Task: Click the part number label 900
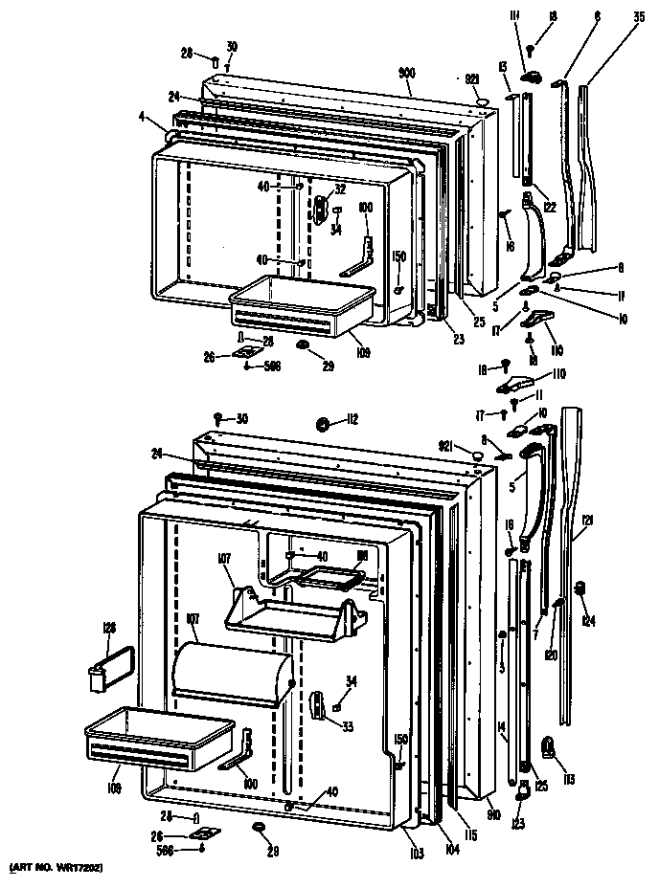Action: pos(408,73)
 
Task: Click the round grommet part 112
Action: pos(323,422)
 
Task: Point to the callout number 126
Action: pos(108,628)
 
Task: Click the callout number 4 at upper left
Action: pos(142,119)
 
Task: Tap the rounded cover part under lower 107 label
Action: pos(230,670)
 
